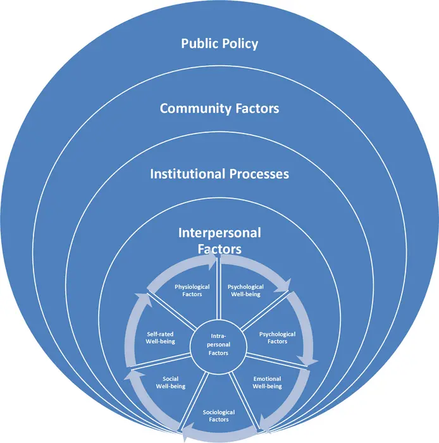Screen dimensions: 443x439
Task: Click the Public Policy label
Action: click(x=219, y=44)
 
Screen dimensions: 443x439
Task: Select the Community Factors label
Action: click(x=219, y=108)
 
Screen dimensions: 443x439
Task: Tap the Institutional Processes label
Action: click(x=219, y=173)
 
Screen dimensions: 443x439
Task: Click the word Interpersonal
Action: click(x=219, y=233)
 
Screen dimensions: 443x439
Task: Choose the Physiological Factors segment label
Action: click(x=189, y=290)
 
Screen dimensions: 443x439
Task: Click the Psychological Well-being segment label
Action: click(x=245, y=290)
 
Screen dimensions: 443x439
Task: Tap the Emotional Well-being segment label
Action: click(x=267, y=382)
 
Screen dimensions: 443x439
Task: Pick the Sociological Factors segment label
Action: click(x=216, y=415)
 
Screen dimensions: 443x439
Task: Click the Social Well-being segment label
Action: click(x=170, y=382)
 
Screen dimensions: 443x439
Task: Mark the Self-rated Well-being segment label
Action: click(x=160, y=337)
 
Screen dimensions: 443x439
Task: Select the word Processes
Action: click(x=255, y=173)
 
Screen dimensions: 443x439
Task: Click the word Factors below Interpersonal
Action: click(x=219, y=248)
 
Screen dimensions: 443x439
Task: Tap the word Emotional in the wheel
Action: click(x=267, y=378)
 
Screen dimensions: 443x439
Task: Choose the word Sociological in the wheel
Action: click(x=216, y=411)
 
